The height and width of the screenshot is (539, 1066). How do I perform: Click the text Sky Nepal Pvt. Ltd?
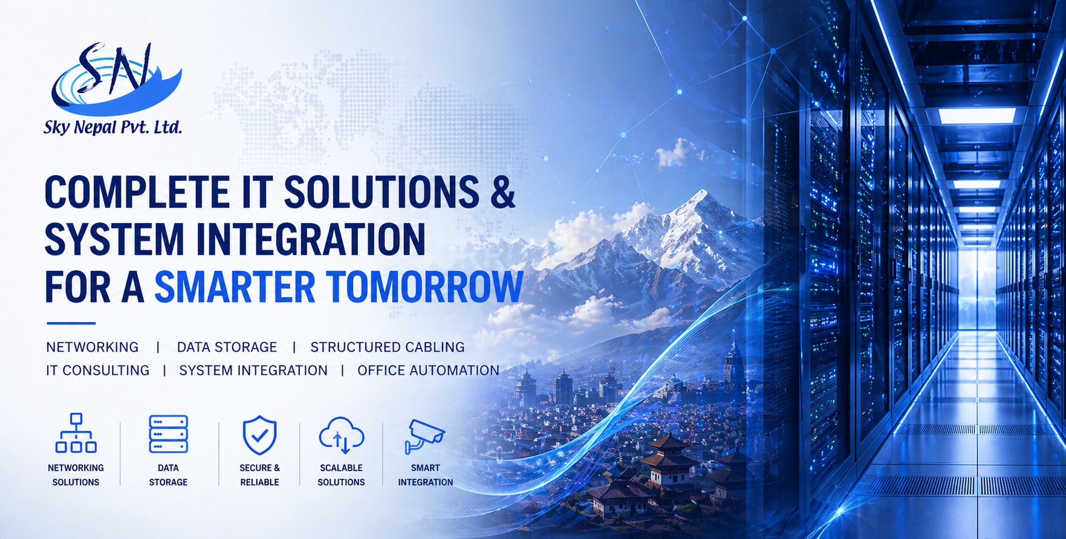(x=112, y=127)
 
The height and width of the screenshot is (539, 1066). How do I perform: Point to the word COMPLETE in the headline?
(x=137, y=193)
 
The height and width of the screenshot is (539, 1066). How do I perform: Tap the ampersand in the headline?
(x=502, y=193)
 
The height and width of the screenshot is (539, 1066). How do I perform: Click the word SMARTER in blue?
(x=235, y=286)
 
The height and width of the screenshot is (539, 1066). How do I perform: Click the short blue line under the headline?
(x=71, y=323)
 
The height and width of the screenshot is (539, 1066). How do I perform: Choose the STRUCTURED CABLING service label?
(x=388, y=347)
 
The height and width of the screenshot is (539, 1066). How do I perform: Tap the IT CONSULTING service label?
(x=97, y=370)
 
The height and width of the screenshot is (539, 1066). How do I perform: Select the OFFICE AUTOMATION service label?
(x=428, y=370)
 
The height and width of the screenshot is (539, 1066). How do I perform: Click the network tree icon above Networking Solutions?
(x=76, y=433)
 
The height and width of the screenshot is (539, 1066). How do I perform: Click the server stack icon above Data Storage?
(x=168, y=434)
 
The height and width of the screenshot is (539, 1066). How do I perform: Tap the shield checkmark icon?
(x=259, y=434)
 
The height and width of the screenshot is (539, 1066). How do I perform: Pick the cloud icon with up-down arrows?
(x=342, y=435)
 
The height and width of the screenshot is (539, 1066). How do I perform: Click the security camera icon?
(x=424, y=436)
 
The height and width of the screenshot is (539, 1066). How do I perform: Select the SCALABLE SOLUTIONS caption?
(x=341, y=475)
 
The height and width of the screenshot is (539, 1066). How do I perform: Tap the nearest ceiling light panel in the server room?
(x=977, y=115)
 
